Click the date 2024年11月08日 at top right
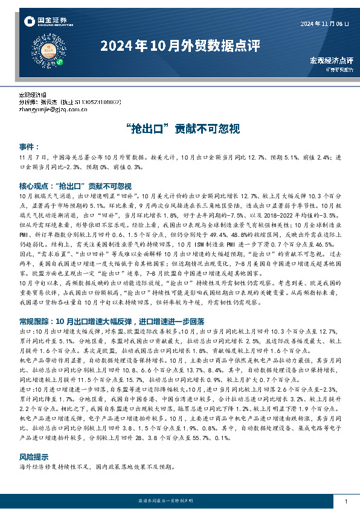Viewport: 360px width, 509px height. point(325,23)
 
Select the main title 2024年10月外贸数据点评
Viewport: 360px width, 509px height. point(179,46)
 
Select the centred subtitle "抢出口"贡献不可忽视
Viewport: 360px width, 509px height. point(179,129)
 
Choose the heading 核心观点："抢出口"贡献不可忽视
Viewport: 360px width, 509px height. point(76,186)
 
